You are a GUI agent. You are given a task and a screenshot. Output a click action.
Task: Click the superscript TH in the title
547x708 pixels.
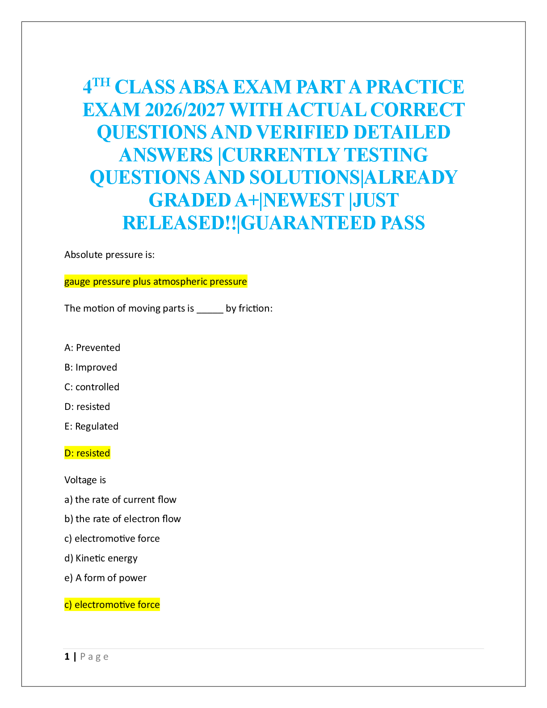101,82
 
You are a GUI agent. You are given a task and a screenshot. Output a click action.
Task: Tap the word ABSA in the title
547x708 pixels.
204,87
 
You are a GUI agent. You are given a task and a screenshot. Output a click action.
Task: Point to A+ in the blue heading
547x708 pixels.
247,200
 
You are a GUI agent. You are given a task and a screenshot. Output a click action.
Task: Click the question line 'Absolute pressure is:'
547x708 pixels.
109,255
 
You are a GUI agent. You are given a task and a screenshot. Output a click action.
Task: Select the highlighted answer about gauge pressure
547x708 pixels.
156,282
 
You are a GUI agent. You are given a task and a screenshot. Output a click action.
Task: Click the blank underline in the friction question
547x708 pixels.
210,309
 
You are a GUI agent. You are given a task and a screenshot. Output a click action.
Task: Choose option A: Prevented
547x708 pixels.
92,348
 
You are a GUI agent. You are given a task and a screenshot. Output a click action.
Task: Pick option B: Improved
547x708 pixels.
91,367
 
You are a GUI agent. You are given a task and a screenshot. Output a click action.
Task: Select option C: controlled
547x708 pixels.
92,387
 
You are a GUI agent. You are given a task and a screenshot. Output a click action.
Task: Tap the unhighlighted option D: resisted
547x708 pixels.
87,407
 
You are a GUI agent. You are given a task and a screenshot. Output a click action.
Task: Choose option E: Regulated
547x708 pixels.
91,426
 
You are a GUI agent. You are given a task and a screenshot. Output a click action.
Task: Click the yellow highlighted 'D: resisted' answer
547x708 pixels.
87,453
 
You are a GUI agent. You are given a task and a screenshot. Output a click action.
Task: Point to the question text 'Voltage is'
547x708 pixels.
85,480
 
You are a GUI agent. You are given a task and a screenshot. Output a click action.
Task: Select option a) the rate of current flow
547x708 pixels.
120,500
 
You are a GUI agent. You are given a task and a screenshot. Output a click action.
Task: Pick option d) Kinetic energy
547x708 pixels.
101,558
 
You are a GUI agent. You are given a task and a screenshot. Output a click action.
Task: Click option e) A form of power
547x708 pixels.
105,578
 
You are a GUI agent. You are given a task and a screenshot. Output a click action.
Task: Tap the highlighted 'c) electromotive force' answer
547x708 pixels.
112,605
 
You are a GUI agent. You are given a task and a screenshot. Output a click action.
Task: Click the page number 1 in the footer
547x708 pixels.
67,657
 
